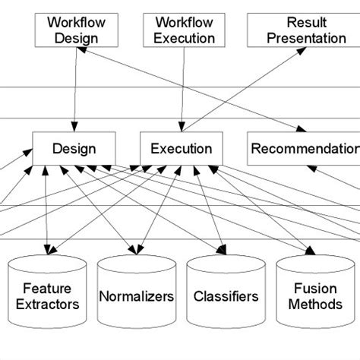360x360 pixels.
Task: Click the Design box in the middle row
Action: tap(74, 148)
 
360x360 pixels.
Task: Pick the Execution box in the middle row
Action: tap(181, 148)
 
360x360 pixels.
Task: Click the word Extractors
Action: tap(51, 305)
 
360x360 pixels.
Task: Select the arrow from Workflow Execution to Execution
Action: tap(181, 87)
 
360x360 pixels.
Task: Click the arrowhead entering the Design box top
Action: tap(74, 127)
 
